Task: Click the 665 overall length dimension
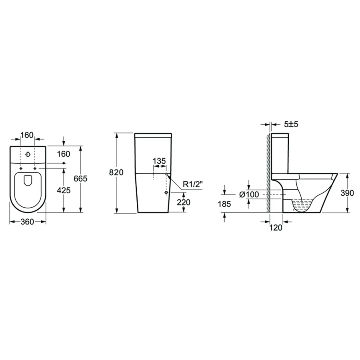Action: pyautogui.click(x=80, y=178)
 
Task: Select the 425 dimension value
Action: pyautogui.click(x=64, y=190)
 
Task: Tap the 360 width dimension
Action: pyautogui.click(x=27, y=222)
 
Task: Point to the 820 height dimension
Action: pyautogui.click(x=116, y=172)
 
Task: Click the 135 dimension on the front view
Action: pyautogui.click(x=159, y=161)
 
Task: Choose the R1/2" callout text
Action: pyautogui.click(x=193, y=184)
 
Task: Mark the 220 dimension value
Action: pyautogui.click(x=184, y=202)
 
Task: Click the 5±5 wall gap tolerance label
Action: pyautogui.click(x=291, y=124)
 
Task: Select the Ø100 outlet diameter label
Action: pyautogui.click(x=249, y=194)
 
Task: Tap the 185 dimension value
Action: pyautogui.click(x=224, y=204)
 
